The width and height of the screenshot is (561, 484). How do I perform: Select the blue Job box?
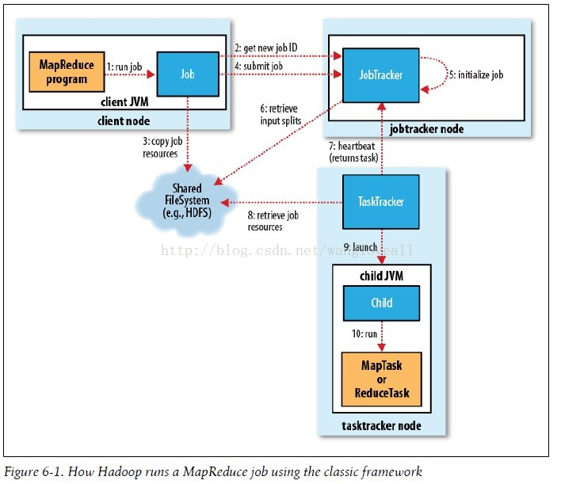click(186, 74)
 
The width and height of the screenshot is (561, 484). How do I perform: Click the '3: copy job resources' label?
click(159, 147)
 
